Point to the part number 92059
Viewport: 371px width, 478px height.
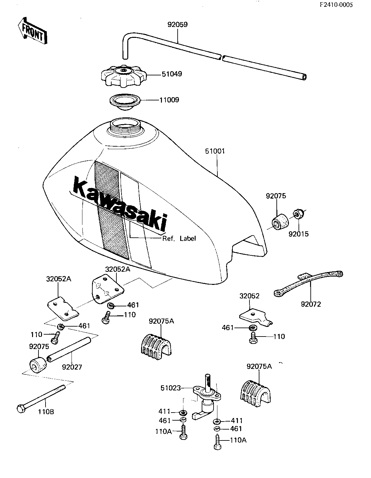click(x=177, y=25)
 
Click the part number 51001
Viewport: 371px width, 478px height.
click(x=215, y=151)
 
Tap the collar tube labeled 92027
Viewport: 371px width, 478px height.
click(x=69, y=349)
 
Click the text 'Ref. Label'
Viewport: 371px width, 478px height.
click(x=179, y=238)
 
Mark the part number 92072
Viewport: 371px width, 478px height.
click(x=311, y=303)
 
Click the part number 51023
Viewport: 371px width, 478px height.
click(x=170, y=388)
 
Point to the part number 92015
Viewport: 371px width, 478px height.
click(x=298, y=234)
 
